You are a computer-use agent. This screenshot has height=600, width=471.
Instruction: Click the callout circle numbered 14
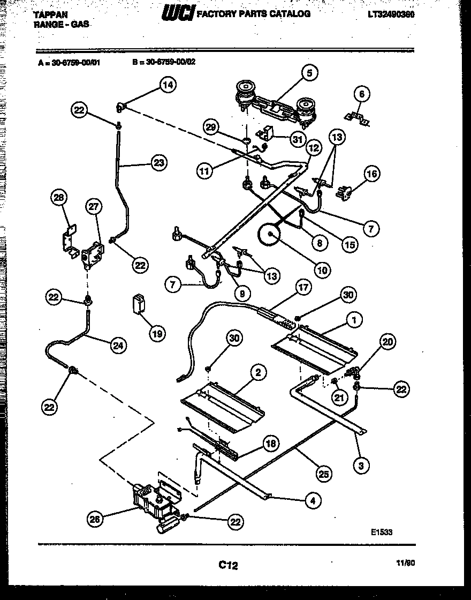pyautogui.click(x=168, y=85)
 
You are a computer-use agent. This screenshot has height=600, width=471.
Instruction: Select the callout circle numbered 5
pyautogui.click(x=309, y=73)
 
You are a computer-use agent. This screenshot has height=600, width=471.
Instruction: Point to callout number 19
pyautogui.click(x=156, y=334)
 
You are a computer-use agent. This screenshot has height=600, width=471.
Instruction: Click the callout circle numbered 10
pyautogui.click(x=322, y=271)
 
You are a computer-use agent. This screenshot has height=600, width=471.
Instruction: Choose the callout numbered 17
pyautogui.click(x=303, y=287)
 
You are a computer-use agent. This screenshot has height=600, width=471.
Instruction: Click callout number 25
pyautogui.click(x=324, y=474)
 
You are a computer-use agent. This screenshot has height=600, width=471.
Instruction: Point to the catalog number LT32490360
pyautogui.click(x=391, y=14)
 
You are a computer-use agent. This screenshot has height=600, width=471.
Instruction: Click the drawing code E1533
pyautogui.click(x=381, y=532)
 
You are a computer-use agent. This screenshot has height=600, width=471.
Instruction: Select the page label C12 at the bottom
pyautogui.click(x=228, y=565)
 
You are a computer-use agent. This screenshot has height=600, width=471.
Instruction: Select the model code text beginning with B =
pyautogui.click(x=164, y=62)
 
